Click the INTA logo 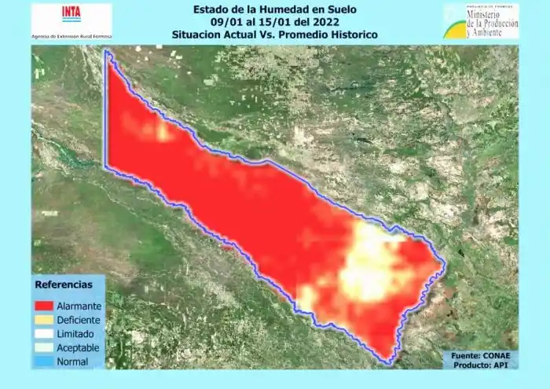(x=71, y=14)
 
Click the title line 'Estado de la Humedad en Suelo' (x=275, y=9)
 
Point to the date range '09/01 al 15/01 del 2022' (x=275, y=22)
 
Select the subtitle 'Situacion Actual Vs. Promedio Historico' (x=275, y=35)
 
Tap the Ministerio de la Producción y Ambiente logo (x=481, y=21)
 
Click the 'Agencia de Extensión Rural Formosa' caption (x=71, y=36)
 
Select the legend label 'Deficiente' (x=78, y=320)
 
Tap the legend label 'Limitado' (x=74, y=334)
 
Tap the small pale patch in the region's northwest (x=161, y=130)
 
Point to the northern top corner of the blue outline (x=108, y=52)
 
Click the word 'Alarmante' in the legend (x=78, y=306)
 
